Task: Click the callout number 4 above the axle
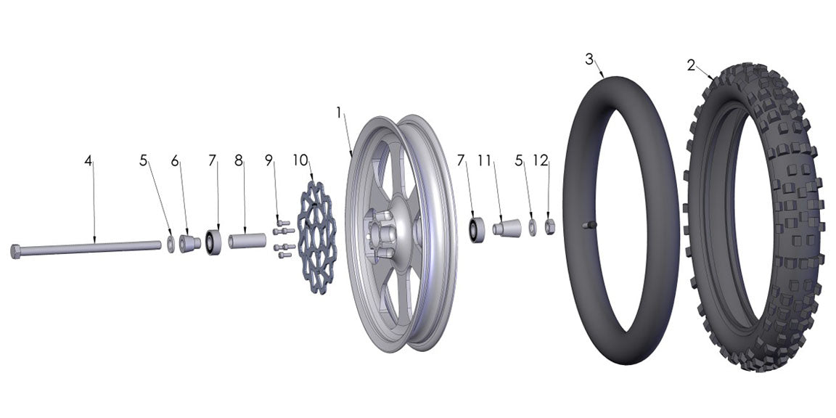[x=89, y=160]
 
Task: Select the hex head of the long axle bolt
[x=17, y=251]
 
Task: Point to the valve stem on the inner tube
[x=589, y=225]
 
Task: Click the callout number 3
[x=589, y=59]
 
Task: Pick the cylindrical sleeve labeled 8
[x=247, y=240]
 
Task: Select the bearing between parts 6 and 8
[x=213, y=241]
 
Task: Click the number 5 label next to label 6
[x=144, y=160]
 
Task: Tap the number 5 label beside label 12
[x=520, y=160]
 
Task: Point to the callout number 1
[x=338, y=112]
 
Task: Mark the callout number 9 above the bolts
[x=269, y=160]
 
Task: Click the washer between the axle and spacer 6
[x=171, y=243]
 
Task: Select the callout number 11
[x=485, y=160]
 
